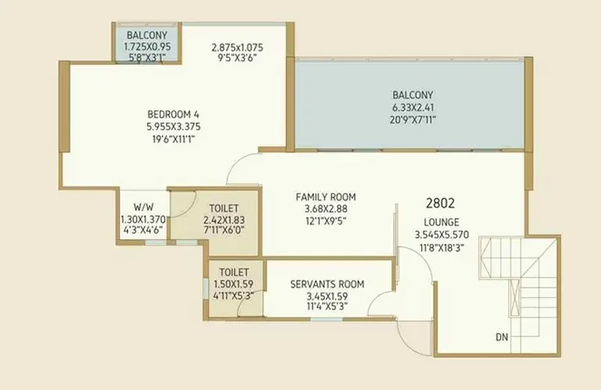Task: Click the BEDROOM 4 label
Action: pyautogui.click(x=174, y=114)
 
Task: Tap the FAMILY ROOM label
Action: pyautogui.click(x=326, y=197)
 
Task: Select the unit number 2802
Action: pyautogui.click(x=441, y=203)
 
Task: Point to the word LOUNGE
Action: pyautogui.click(x=442, y=223)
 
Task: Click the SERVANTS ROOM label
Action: pyautogui.click(x=327, y=284)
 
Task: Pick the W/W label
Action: pyautogui.click(x=144, y=207)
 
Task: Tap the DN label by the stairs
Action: pyautogui.click(x=502, y=337)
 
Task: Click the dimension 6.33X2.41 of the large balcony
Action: pyautogui.click(x=413, y=107)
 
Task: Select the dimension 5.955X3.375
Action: pyautogui.click(x=174, y=127)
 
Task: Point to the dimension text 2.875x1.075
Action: pyautogui.click(x=238, y=48)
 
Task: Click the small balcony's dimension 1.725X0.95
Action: pyautogui.click(x=147, y=47)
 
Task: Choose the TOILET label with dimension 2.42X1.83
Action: pyautogui.click(x=224, y=208)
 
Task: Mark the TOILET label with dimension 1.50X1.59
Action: pyautogui.click(x=234, y=272)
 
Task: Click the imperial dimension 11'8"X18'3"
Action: pyautogui.click(x=442, y=248)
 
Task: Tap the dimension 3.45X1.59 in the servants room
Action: pyautogui.click(x=327, y=296)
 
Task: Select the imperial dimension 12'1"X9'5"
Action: pyautogui.click(x=325, y=221)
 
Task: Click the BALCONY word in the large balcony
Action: pyautogui.click(x=413, y=95)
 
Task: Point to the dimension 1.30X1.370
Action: pyautogui.click(x=143, y=220)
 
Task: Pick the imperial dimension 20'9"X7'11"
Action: pyautogui.click(x=413, y=120)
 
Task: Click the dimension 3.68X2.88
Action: pyautogui.click(x=326, y=209)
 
